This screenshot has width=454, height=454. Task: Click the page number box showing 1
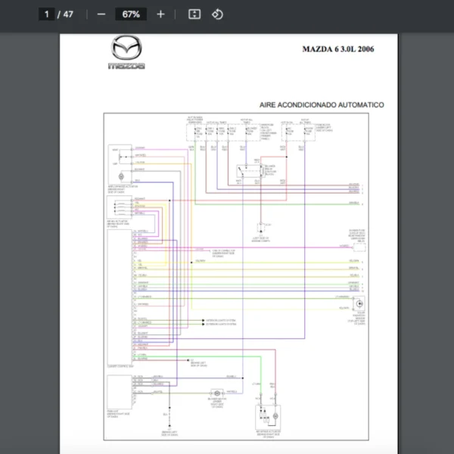click(x=47, y=14)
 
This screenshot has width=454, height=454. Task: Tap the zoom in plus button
click(x=160, y=14)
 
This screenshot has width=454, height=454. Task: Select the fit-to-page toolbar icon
click(x=194, y=14)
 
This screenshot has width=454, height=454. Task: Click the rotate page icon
click(x=217, y=14)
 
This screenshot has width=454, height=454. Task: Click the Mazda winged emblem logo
click(x=126, y=48)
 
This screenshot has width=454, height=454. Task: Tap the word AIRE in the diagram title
click(x=269, y=105)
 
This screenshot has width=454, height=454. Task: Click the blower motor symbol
click(x=218, y=393)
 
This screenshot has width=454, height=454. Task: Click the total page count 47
click(x=69, y=14)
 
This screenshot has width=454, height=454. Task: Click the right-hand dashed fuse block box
click(x=298, y=132)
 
